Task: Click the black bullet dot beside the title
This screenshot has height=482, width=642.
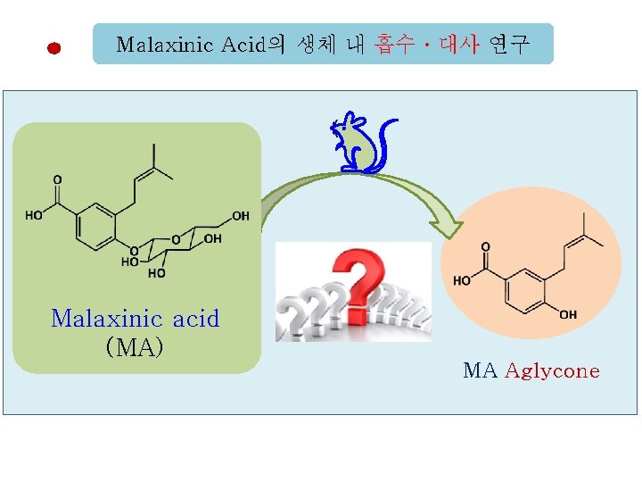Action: coord(54,49)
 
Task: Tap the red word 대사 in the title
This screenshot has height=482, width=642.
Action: coord(459,44)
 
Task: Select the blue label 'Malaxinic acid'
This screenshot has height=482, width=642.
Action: coord(136,319)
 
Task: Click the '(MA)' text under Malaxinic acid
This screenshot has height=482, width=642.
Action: coord(135,345)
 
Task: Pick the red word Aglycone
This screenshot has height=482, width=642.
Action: coord(552,371)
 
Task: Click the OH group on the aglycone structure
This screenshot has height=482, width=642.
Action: coord(568,315)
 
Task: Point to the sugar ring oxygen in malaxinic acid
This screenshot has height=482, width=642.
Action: coord(177,239)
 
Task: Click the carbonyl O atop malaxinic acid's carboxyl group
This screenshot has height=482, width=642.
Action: coord(57,179)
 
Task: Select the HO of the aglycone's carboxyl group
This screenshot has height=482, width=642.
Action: coord(461,279)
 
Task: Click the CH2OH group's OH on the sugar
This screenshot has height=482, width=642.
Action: coord(240,216)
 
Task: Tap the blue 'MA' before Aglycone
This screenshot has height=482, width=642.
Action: coord(480,371)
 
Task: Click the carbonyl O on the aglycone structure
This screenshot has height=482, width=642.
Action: coord(485,245)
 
